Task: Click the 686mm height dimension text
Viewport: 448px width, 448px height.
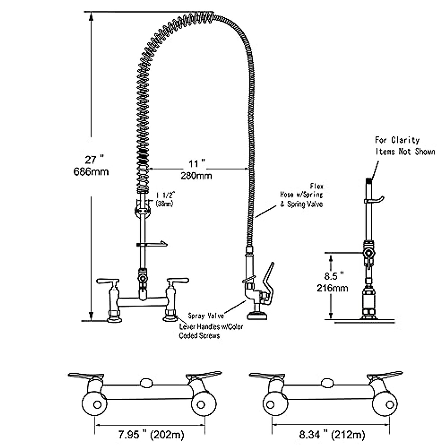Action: click(x=92, y=172)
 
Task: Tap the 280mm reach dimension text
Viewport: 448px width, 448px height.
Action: click(x=196, y=175)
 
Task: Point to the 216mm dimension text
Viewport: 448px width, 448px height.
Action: click(x=332, y=288)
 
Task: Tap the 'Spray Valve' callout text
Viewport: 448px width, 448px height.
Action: click(x=206, y=316)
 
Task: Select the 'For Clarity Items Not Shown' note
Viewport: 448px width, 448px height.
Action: click(x=405, y=146)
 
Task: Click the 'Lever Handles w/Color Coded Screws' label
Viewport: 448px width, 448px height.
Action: click(x=211, y=331)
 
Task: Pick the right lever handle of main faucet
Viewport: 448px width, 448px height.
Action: click(x=177, y=281)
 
